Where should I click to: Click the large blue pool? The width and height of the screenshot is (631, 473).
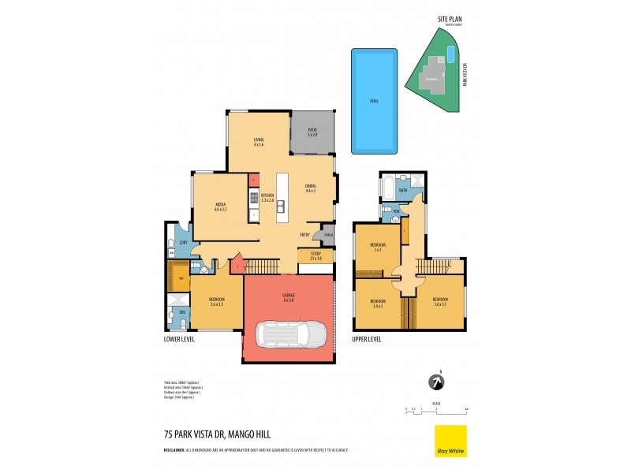tap(374, 102)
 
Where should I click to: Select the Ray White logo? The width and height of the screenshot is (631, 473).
tap(450, 441)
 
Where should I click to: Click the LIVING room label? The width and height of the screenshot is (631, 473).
tap(259, 141)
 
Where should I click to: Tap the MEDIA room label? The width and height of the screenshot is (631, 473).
tap(221, 205)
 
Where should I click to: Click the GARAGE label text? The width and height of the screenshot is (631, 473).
tap(288, 297)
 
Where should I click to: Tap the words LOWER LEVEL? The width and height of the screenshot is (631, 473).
tap(178, 339)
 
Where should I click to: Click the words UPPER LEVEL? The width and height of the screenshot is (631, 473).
tap(367, 339)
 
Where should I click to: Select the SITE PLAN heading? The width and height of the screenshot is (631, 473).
tap(450, 20)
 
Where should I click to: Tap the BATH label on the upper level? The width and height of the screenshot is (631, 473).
tap(402, 190)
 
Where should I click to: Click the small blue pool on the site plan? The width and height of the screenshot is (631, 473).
tap(450, 54)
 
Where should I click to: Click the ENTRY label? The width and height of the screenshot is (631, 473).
tap(304, 235)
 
